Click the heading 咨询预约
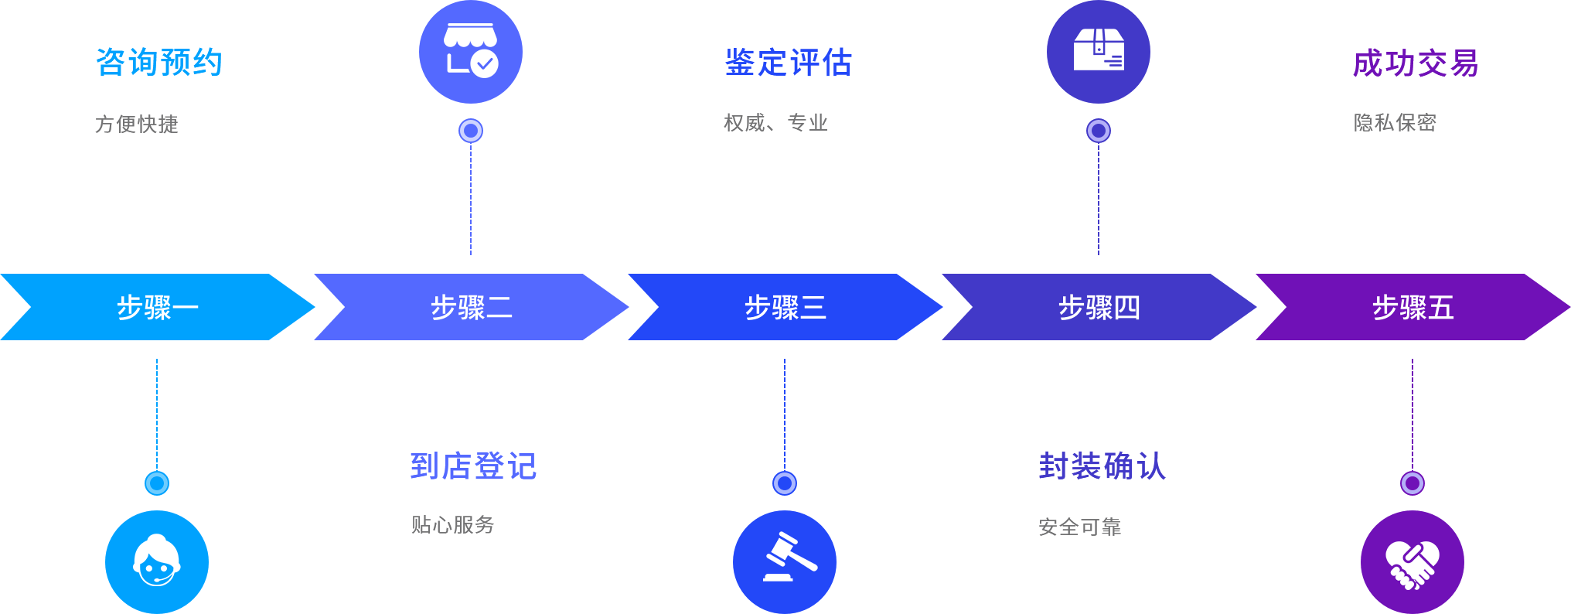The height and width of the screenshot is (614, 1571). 158,63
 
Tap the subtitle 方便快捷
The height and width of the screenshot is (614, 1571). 137,124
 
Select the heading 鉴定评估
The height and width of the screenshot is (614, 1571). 788,63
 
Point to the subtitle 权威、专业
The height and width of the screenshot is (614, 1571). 775,123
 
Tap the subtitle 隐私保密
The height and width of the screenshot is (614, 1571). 1394,122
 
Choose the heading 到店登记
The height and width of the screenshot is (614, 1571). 472,466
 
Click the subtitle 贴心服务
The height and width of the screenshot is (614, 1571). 452,525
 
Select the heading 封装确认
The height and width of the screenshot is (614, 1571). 1101,466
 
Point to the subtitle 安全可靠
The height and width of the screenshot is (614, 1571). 1079,527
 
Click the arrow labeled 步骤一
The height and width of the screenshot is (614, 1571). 157,307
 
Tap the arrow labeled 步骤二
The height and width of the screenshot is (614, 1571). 471,307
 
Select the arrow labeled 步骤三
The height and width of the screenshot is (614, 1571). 785,307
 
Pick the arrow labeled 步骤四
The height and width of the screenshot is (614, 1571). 1099,307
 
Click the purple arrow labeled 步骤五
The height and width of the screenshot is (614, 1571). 1413,307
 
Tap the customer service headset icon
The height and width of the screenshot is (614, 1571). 157,562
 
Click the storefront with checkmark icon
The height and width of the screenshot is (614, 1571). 471,52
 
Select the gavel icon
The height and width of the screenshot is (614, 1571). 785,562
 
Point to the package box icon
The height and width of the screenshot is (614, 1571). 1099,52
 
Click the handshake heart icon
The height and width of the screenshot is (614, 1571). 1413,562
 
